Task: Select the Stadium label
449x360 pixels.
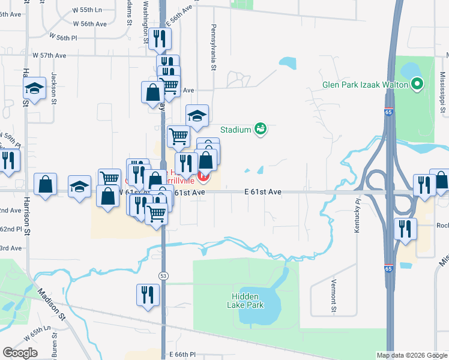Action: (x=235, y=130)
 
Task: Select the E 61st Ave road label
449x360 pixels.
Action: (x=263, y=192)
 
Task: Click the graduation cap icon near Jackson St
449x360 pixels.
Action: (x=35, y=89)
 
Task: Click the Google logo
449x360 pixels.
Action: (x=20, y=353)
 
